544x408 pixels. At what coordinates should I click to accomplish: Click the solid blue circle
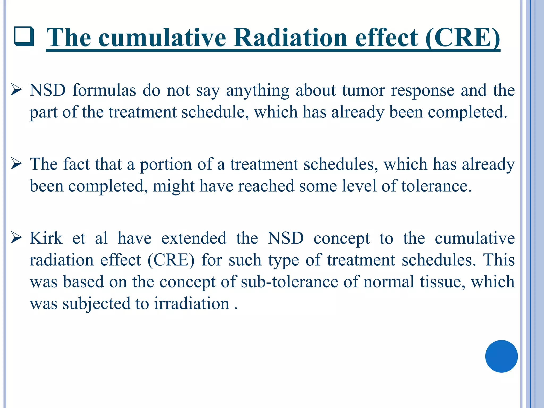(x=501, y=356)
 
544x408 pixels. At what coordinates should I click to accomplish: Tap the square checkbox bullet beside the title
(x=24, y=36)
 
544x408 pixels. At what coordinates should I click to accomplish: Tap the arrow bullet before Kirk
(x=16, y=238)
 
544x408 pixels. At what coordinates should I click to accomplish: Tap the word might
(x=173, y=186)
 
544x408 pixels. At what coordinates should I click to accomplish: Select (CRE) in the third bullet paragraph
(x=171, y=260)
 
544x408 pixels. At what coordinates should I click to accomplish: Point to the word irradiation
(x=192, y=303)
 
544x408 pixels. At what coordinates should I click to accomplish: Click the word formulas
(x=104, y=90)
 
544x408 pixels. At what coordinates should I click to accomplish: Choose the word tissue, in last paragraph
(x=442, y=282)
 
